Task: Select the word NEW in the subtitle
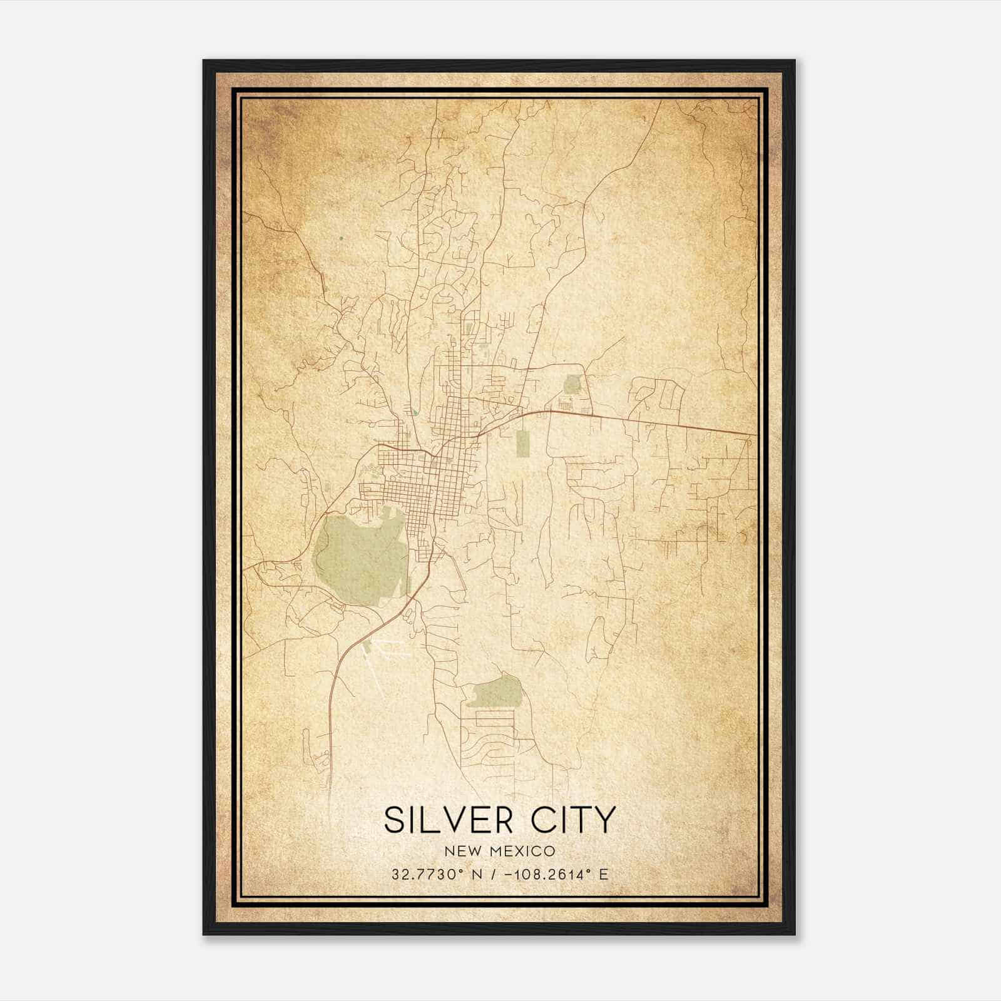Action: click(460, 851)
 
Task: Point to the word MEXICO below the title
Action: click(519, 851)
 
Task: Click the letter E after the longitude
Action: click(603, 874)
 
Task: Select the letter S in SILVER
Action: click(394, 820)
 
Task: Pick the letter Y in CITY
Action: click(604, 820)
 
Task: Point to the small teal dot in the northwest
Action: click(341, 238)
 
